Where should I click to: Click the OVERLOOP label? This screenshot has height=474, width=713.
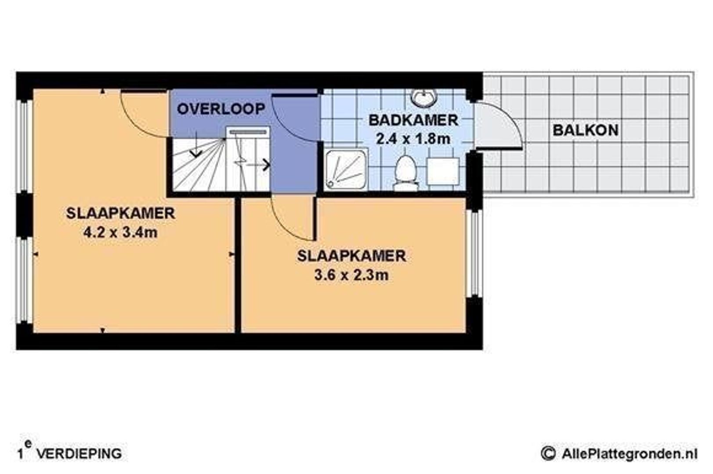click(x=221, y=109)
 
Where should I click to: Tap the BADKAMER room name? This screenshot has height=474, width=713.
click(x=413, y=121)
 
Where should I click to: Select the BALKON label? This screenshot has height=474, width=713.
click(x=585, y=130)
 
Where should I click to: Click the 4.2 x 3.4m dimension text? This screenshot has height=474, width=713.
click(x=120, y=233)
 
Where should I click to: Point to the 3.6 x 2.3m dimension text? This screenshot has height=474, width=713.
click(x=351, y=275)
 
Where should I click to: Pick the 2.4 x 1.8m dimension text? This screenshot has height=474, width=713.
click(x=413, y=139)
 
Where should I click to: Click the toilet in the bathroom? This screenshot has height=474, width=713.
click(x=406, y=173)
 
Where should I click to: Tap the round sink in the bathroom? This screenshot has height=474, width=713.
click(x=423, y=97)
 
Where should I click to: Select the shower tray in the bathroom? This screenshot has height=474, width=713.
click(x=346, y=169)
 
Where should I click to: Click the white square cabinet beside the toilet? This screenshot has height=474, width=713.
click(x=443, y=171)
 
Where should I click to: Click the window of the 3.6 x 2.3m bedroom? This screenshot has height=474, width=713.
click(x=474, y=254)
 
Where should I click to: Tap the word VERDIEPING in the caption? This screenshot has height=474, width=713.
click(x=79, y=454)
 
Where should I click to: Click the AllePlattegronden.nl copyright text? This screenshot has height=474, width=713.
click(x=619, y=453)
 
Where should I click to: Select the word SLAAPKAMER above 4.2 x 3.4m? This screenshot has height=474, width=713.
click(x=120, y=213)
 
